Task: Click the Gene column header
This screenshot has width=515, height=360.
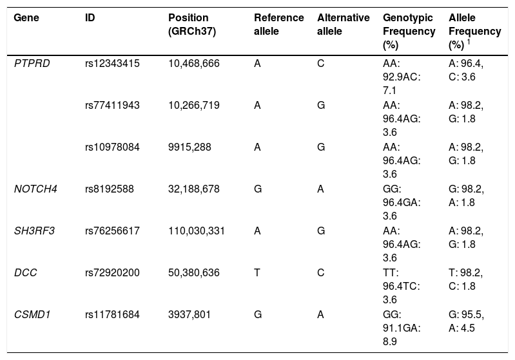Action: [x=26, y=17]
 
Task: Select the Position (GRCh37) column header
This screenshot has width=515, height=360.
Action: [x=192, y=24]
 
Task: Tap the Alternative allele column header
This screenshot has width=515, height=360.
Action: [x=343, y=24]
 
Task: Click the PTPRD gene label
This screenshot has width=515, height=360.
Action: [x=32, y=63]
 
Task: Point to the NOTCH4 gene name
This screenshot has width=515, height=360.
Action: [x=35, y=189]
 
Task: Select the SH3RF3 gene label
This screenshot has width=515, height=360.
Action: [x=34, y=231]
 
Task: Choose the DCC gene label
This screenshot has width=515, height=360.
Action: [x=25, y=272]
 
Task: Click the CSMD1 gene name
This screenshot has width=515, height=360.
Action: [x=32, y=314]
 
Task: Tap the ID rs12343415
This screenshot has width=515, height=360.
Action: [x=112, y=63]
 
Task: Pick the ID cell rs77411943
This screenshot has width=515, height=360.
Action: [x=112, y=105]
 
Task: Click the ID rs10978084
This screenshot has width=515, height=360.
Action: [x=112, y=147]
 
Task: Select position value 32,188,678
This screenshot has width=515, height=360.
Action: [x=194, y=189]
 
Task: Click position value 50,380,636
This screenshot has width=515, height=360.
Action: [x=194, y=272]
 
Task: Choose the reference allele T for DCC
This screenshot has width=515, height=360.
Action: [x=257, y=272]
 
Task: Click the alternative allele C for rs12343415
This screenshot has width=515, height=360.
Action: [x=320, y=63]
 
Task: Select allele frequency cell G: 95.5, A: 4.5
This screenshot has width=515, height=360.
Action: [x=466, y=321]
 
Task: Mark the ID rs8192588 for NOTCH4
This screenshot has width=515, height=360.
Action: [x=110, y=189]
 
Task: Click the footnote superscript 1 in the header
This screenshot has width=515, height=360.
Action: [x=469, y=42]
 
